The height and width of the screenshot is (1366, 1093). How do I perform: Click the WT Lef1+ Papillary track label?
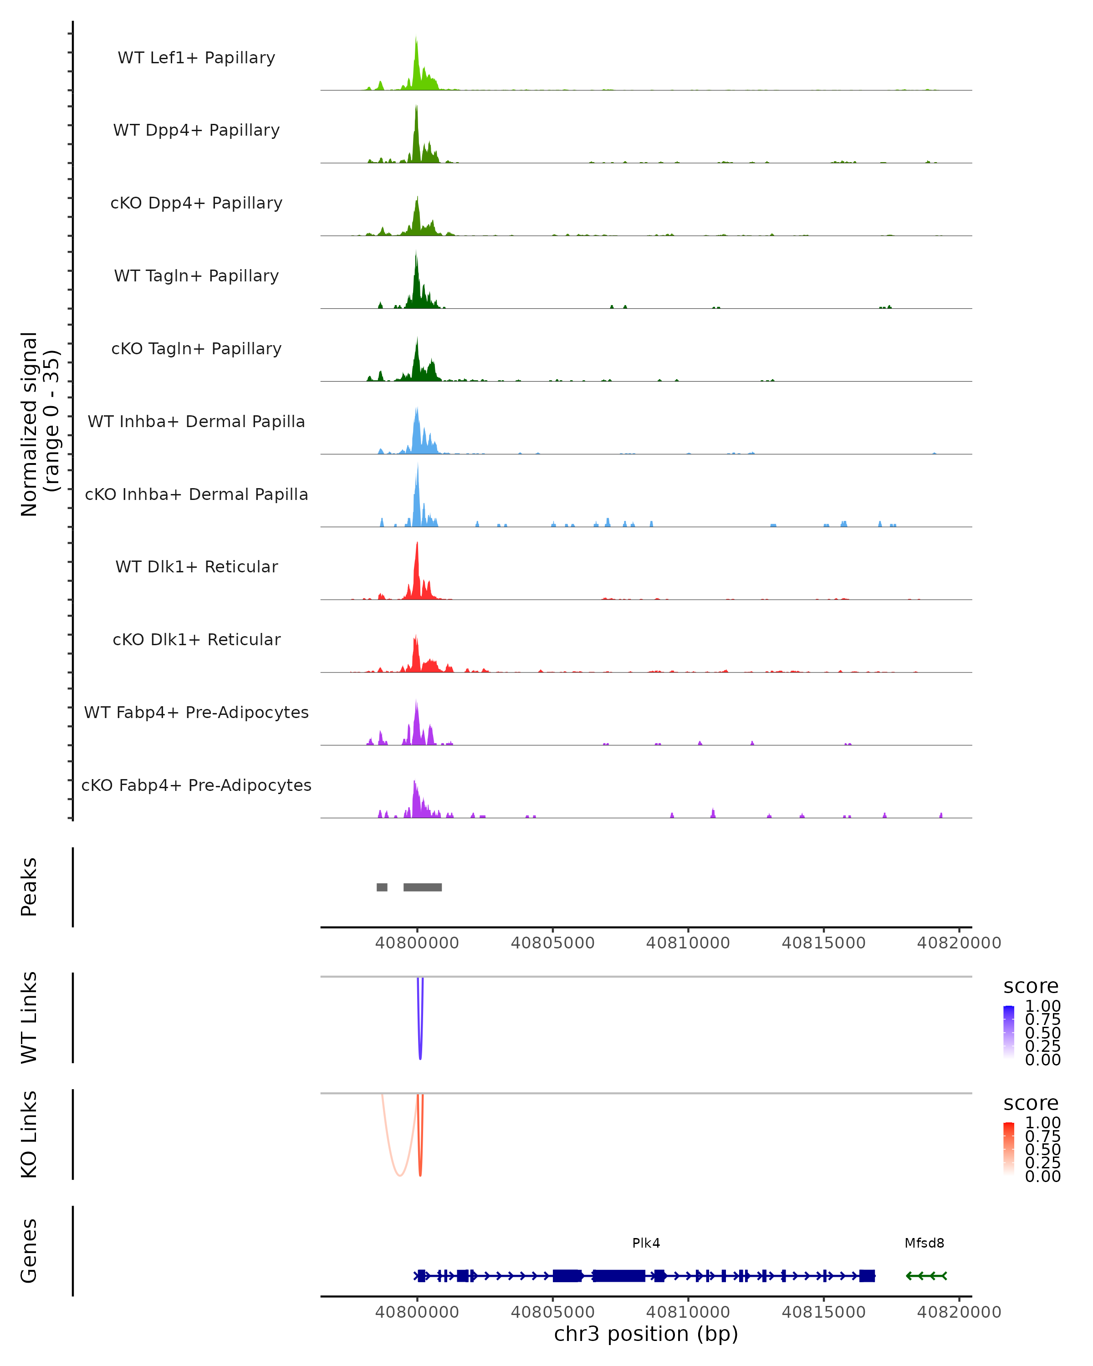[x=196, y=58]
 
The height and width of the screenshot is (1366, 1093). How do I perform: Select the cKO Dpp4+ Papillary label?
[x=196, y=203]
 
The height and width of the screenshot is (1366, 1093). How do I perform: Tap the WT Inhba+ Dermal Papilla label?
[x=196, y=421]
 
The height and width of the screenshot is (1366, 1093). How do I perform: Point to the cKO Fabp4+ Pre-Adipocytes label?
[x=196, y=785]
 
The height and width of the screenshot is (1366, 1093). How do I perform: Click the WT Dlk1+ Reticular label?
[x=196, y=566]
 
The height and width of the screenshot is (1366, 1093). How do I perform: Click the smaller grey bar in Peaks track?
[x=382, y=887]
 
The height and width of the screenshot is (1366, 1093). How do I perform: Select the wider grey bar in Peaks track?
[x=423, y=887]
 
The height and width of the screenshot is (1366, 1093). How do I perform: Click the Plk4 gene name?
[x=646, y=1243]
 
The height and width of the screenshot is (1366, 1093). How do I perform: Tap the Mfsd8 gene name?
[x=924, y=1243]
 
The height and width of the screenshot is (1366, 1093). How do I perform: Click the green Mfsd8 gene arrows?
[x=926, y=1276]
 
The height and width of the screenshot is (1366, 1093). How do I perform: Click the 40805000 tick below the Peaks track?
[x=552, y=943]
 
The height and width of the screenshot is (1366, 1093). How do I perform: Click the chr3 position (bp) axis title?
[x=646, y=1334]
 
